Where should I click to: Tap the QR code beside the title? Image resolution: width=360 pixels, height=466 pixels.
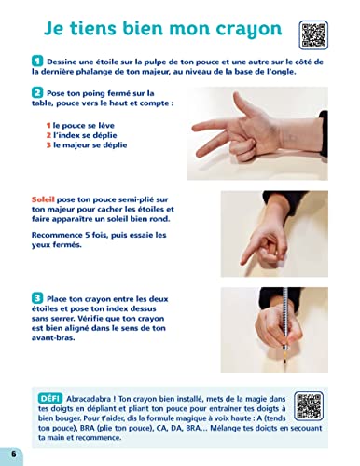point(313,35)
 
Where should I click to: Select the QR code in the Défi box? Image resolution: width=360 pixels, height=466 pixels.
point(309,405)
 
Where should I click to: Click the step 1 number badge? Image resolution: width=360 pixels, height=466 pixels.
point(37,61)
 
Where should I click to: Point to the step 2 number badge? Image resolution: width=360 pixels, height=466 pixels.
point(37,92)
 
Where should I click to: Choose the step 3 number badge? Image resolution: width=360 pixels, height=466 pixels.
point(37,298)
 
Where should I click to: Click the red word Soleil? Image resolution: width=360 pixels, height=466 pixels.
point(43,199)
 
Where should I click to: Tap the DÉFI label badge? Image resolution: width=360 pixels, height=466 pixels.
point(50,398)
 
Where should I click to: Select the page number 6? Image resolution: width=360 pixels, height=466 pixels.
point(13,453)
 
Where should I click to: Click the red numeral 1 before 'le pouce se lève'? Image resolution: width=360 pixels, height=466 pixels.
point(48,126)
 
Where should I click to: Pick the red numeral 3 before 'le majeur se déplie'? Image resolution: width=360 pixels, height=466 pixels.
point(48,145)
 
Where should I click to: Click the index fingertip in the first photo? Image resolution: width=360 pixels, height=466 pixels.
point(195,128)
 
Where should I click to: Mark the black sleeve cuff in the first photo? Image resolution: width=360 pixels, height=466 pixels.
point(324,133)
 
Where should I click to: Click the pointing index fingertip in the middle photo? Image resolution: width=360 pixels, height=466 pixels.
point(243,262)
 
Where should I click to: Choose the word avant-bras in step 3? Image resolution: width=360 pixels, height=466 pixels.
point(53,337)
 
